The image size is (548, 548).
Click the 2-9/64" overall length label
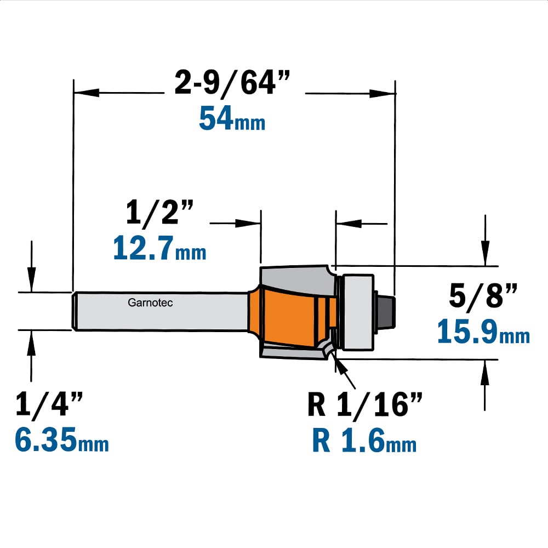point(232,83)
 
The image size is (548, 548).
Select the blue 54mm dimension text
point(232,118)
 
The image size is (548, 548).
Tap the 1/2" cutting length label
point(159,212)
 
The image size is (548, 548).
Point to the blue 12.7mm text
point(159,248)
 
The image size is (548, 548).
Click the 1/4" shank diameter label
point(49,404)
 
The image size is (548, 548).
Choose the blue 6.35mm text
point(62,439)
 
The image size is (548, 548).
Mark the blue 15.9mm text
point(484,331)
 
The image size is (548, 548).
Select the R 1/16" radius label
point(365,404)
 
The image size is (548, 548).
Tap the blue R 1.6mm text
point(364,441)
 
